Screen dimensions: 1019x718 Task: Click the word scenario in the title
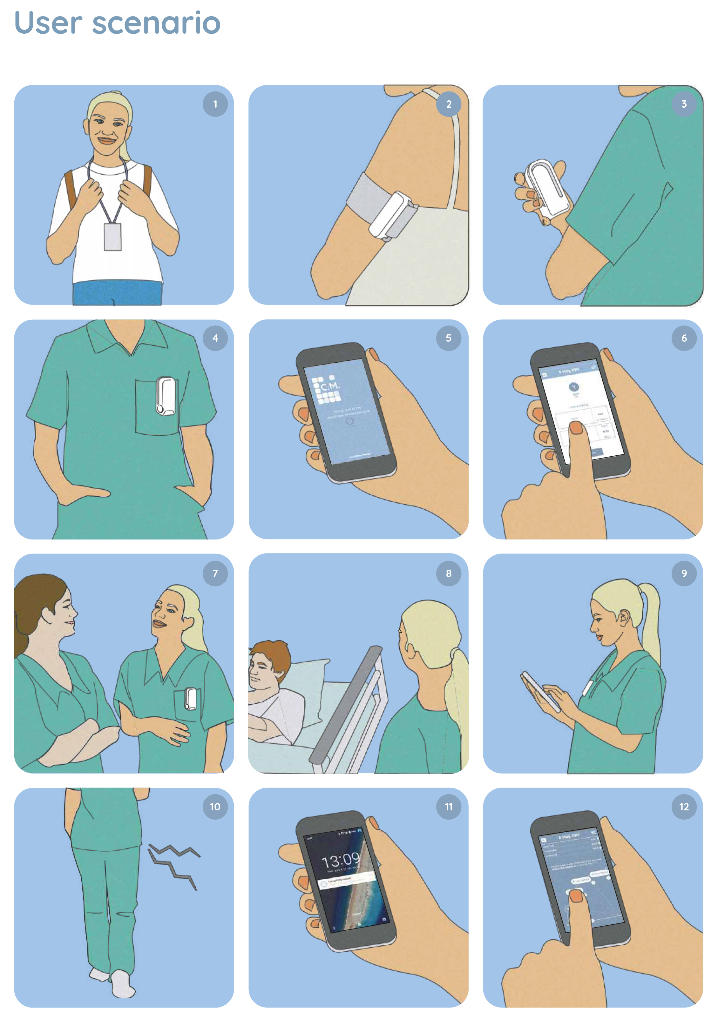click(156, 23)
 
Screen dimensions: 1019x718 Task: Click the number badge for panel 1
click(215, 104)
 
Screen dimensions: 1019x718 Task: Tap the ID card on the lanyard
click(113, 237)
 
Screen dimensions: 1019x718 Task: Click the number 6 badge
click(684, 338)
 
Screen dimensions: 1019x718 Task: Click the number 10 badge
click(215, 807)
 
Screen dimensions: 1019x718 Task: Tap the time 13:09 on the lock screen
click(341, 861)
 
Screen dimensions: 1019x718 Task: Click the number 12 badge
click(684, 807)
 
